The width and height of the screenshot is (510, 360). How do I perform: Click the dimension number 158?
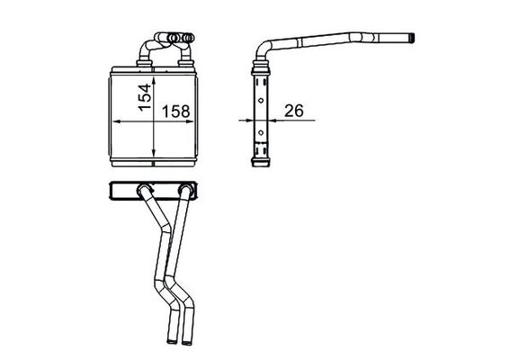coord(175,112)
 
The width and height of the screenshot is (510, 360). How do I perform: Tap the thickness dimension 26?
coord(293,112)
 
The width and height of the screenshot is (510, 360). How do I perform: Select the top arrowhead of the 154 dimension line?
coord(156,75)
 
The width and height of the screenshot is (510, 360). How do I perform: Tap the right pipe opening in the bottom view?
coord(186,338)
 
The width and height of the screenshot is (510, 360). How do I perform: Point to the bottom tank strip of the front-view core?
coord(151,162)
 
